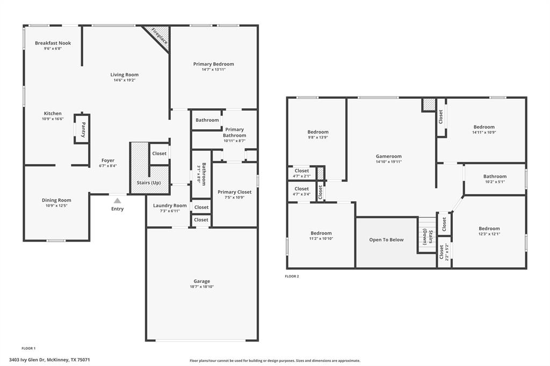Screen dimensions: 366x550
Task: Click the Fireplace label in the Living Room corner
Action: [x=158, y=36]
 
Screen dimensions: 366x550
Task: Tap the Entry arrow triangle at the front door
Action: [x=117, y=200]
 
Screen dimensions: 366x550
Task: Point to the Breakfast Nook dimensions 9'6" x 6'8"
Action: [x=53, y=49]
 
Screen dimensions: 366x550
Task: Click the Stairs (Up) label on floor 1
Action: [x=149, y=183]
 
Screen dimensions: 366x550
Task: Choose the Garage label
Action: [x=202, y=281]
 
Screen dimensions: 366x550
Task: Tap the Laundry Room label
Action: [x=170, y=206]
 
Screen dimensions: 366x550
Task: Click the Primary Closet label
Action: [x=234, y=192]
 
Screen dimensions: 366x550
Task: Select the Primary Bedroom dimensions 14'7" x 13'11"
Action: [x=214, y=69]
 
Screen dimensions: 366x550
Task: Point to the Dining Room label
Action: [x=56, y=200]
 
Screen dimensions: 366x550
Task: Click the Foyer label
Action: [x=108, y=160]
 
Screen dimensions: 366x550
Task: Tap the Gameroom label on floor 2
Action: [x=389, y=156]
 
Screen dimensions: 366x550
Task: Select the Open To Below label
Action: [x=386, y=240]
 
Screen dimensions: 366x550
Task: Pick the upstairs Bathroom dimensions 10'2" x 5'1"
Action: [x=495, y=182]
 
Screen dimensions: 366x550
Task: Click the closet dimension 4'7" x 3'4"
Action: [x=302, y=194]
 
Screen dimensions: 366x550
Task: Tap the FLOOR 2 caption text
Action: [x=292, y=276]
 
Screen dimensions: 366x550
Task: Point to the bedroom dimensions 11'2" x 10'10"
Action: [x=321, y=238]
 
